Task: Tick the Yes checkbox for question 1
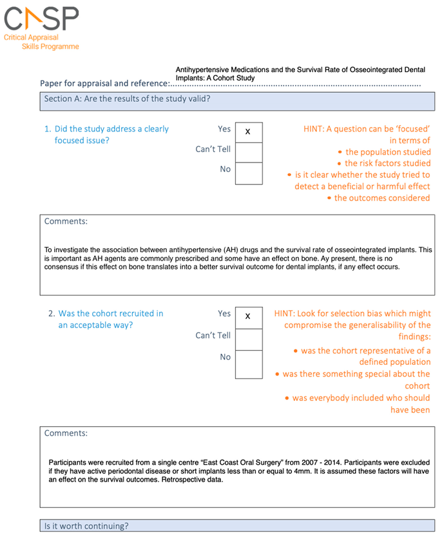pyautogui.click(x=248, y=132)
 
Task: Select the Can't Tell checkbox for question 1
pyautogui.click(x=248, y=152)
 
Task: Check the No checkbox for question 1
pyautogui.click(x=248, y=173)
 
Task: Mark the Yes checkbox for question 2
pyautogui.click(x=248, y=317)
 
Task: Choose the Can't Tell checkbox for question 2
pyautogui.click(x=248, y=338)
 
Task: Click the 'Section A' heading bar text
pyautogui.click(x=127, y=99)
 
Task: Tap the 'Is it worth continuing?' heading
pyautogui.click(x=86, y=526)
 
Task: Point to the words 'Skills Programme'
pyautogui.click(x=50, y=47)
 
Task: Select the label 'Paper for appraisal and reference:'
pyautogui.click(x=104, y=83)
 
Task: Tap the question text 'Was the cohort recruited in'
pyautogui.click(x=110, y=313)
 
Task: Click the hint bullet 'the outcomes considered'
pyautogui.click(x=382, y=198)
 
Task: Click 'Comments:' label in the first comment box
pyautogui.click(x=66, y=221)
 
